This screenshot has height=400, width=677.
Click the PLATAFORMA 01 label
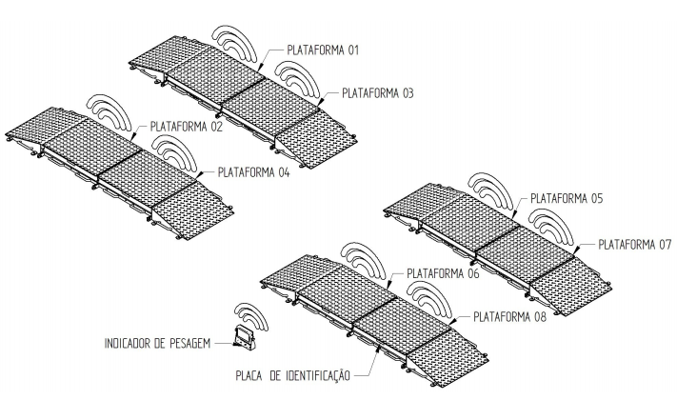pyautogui.click(x=323, y=50)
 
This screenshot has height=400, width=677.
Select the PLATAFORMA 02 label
pyautogui.click(x=186, y=127)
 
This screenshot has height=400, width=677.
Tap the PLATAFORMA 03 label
pyautogui.click(x=377, y=93)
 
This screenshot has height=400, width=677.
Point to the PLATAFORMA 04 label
pyautogui.click(x=253, y=172)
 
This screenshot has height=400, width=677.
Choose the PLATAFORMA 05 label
pyautogui.click(x=567, y=199)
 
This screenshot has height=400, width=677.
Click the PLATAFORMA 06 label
pyautogui.click(x=443, y=273)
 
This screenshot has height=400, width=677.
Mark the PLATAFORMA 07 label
pyautogui.click(x=635, y=245)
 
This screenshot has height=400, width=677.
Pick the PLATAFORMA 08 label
pyautogui.click(x=509, y=317)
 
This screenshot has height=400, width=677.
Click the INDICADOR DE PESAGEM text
pyautogui.click(x=158, y=344)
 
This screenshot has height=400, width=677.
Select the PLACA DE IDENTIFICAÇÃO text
pyautogui.click(x=292, y=375)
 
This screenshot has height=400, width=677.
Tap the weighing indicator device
pyautogui.click(x=244, y=337)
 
